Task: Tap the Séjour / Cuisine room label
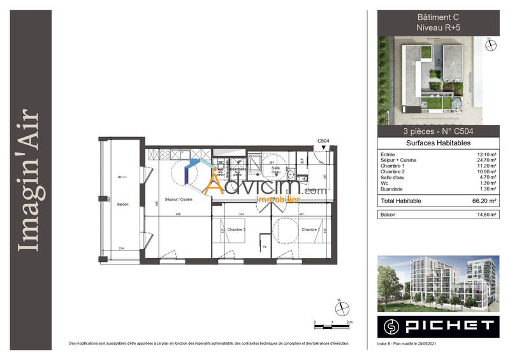click(x=178, y=199)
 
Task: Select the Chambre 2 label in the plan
click(x=236, y=229)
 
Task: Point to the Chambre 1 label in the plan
click(x=310, y=229)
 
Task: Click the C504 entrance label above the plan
click(x=323, y=140)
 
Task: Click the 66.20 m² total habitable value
click(x=484, y=201)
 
